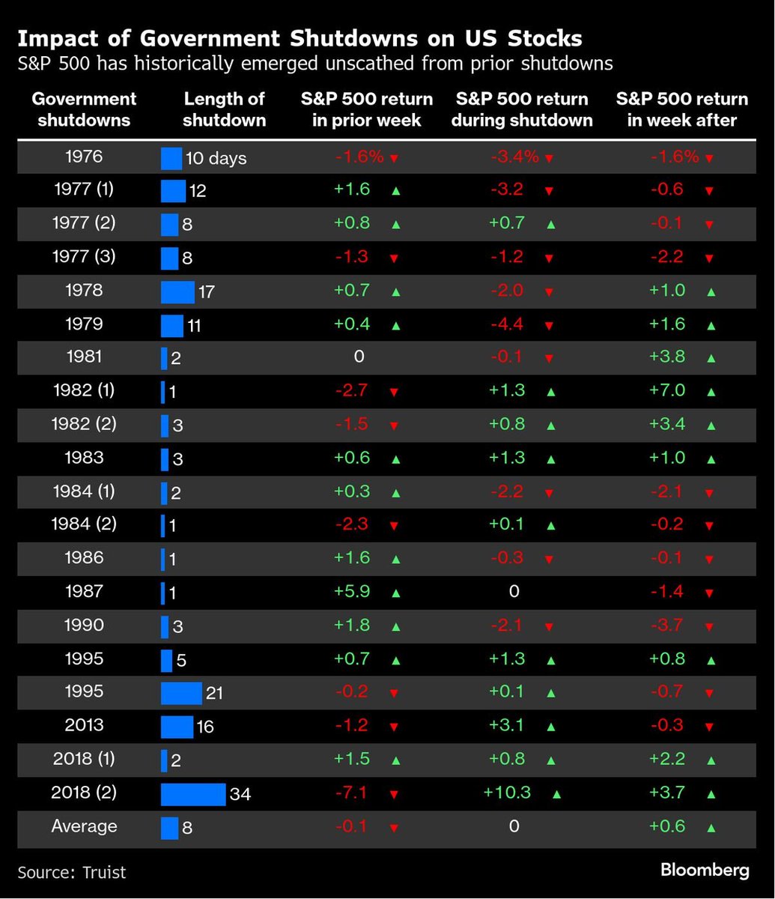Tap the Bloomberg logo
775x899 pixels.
coord(705,870)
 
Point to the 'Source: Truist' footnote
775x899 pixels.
coord(72,872)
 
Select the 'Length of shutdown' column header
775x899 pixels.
coord(225,109)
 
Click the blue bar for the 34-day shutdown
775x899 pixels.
coord(193,794)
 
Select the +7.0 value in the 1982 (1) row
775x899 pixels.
coord(667,390)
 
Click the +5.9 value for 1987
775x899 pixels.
coord(353,592)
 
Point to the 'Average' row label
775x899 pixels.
coord(84,826)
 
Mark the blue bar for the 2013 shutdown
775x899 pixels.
coord(177,727)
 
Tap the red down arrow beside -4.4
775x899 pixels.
coord(549,326)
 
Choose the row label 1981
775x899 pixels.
coord(84,357)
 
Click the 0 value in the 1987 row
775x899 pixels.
coord(514,592)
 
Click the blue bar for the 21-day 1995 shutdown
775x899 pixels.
coord(181,693)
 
